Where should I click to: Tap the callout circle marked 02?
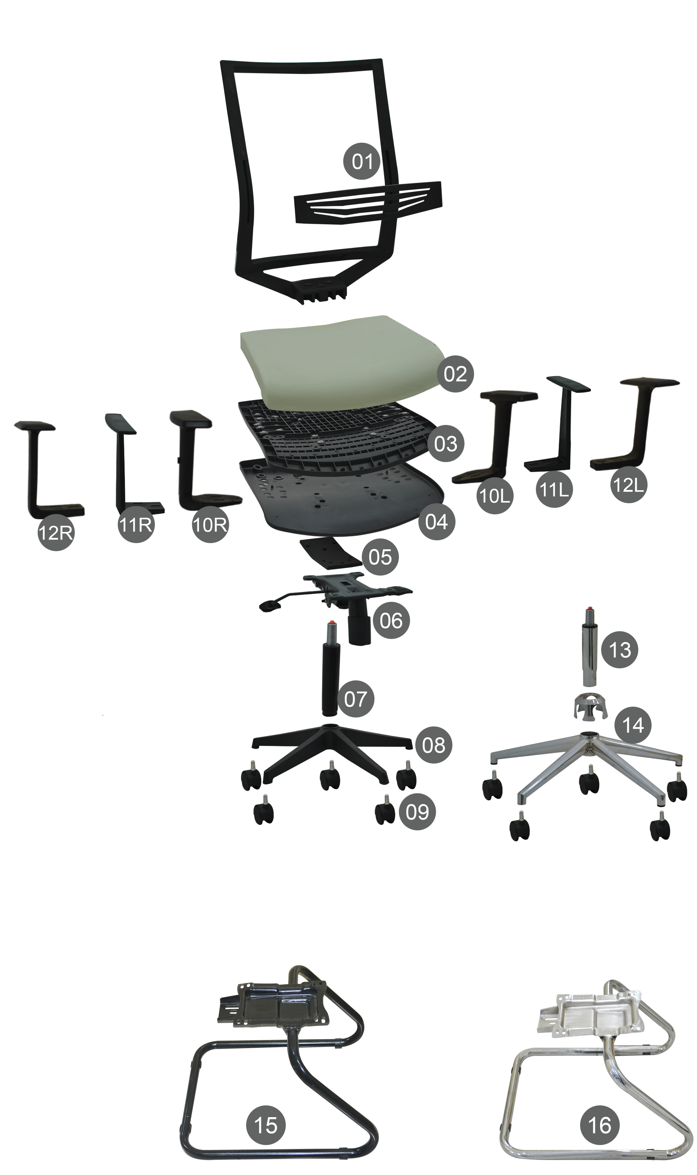(455, 374)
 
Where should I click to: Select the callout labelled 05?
(380, 558)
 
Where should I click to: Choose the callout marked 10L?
(494, 496)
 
